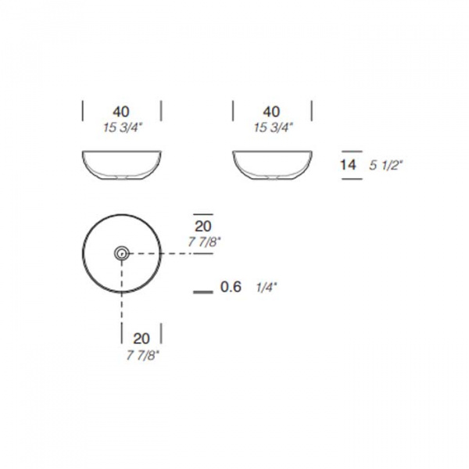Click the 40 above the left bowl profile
(x=121, y=112)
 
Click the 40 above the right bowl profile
(x=271, y=112)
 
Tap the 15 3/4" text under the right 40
(x=272, y=127)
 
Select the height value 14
(x=348, y=165)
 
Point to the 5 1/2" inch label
(x=386, y=165)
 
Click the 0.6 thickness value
(x=231, y=287)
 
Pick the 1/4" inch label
(x=267, y=288)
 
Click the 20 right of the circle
(x=203, y=226)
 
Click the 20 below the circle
(x=141, y=338)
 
